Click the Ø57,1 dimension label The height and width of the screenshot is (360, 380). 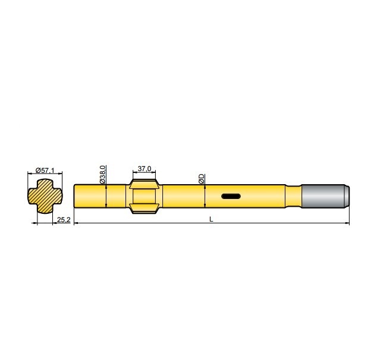45,170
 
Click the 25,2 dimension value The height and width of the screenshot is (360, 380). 63,220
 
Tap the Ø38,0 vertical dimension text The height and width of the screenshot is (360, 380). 102,174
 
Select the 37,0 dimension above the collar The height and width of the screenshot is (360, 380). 144,169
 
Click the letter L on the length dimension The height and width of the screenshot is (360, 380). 211,220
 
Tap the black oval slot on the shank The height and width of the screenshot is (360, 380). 230,196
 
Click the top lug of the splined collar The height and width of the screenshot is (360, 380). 144,179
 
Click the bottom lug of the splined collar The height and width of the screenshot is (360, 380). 144,210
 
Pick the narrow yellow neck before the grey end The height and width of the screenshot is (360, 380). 294,196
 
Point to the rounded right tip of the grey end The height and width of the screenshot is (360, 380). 348,196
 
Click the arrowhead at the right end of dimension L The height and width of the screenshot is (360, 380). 347,223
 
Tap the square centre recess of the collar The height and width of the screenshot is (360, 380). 144,195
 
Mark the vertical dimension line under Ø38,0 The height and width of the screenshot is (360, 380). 106,197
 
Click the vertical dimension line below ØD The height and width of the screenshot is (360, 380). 205,197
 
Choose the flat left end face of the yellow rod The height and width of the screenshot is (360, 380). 74,196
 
